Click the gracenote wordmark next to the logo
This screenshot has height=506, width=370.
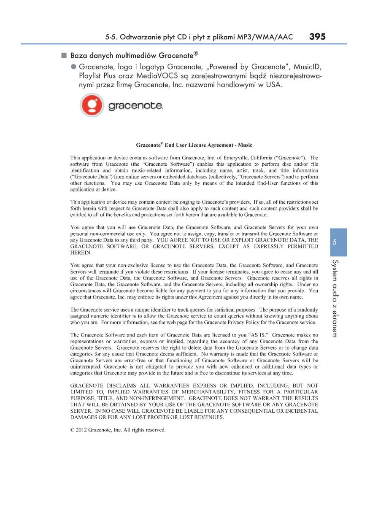135,106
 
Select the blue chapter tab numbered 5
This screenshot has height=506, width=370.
335,242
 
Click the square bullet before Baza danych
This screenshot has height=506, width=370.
64,55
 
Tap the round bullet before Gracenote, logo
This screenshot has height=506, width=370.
73,67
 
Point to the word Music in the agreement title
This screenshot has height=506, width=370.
245,145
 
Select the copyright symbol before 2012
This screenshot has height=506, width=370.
73,430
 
